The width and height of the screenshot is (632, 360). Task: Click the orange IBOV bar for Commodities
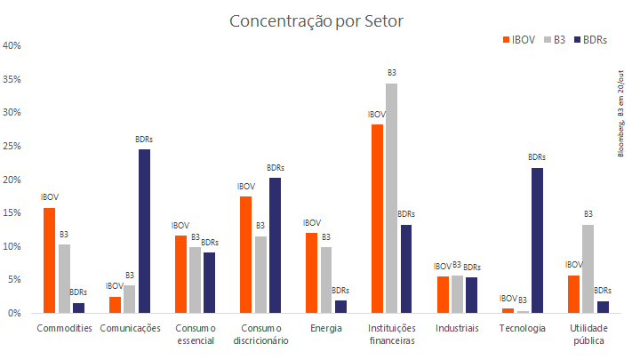point(50,260)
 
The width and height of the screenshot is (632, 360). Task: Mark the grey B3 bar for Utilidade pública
point(588,268)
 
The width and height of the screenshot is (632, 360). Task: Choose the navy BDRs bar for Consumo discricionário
point(275,245)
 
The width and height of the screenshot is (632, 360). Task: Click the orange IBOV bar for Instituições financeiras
point(377,219)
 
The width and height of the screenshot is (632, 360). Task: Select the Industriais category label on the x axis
point(457,328)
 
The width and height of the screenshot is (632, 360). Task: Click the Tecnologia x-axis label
point(523,328)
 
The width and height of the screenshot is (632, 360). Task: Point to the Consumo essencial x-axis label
point(195,334)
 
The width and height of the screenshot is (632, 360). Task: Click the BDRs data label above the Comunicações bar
point(144,140)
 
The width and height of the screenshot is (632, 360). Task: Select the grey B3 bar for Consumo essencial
point(195,280)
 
